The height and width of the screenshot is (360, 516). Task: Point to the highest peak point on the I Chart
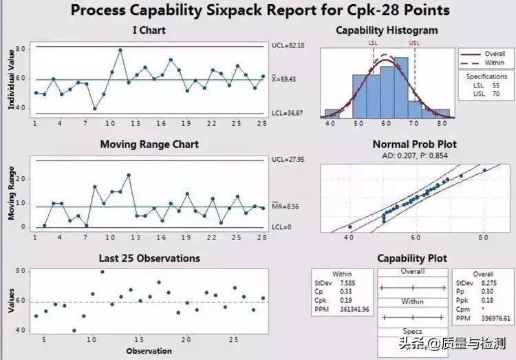point(120,50)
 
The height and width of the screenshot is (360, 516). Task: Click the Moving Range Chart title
point(149,145)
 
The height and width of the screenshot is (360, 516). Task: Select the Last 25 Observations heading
point(149,258)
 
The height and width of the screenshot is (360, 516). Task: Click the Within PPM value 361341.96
point(356,310)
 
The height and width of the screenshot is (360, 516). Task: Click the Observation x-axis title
point(149,351)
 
